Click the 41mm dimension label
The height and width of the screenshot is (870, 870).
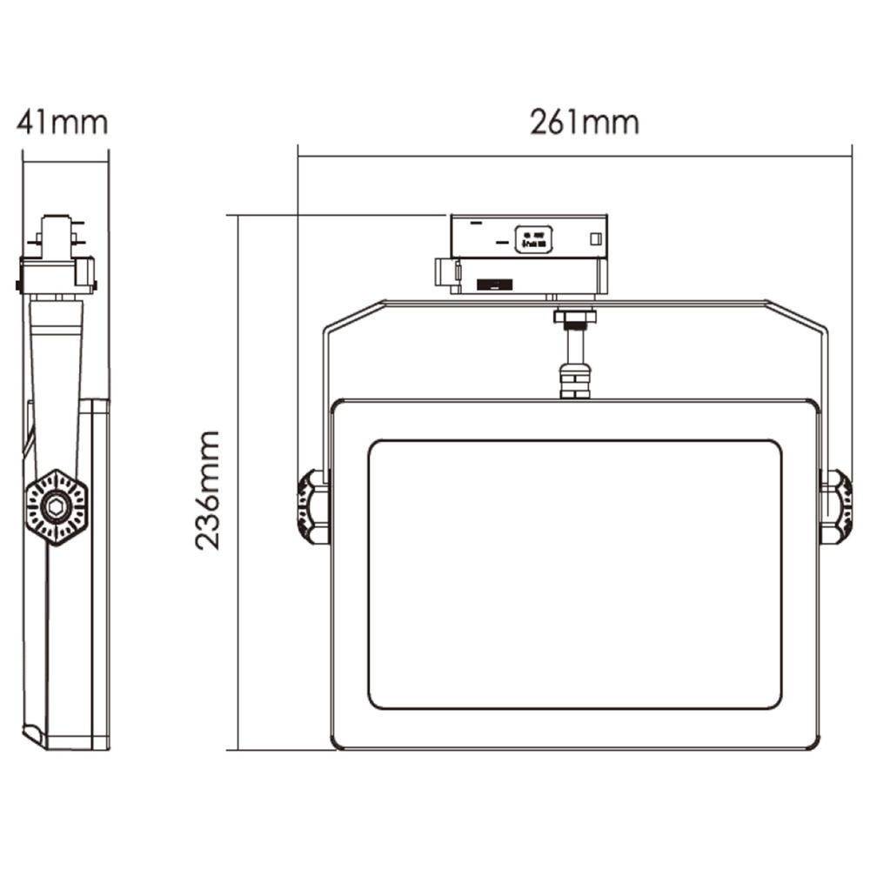[x=62, y=123]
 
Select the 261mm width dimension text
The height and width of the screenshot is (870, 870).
[x=585, y=123]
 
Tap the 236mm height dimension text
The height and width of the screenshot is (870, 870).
[x=207, y=490]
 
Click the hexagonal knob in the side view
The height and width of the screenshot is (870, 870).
[x=56, y=507]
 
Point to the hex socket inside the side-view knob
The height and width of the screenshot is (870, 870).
[x=56, y=506]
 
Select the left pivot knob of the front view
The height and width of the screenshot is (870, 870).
[x=312, y=507]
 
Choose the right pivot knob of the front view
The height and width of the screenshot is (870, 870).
[x=836, y=507]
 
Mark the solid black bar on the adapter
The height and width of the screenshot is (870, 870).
[x=493, y=284]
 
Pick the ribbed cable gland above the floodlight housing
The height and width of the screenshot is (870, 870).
[x=574, y=381]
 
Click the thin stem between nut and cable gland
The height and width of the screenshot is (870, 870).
[x=574, y=346]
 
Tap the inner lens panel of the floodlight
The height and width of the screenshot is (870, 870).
[x=574, y=574]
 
